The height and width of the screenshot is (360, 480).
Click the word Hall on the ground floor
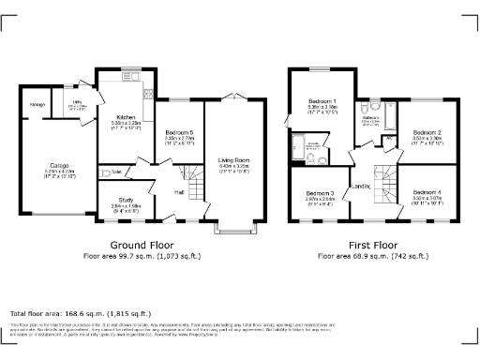pyautogui.click(x=178, y=191)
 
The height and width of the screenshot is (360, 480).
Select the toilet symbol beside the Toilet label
pyautogui.click(x=105, y=172)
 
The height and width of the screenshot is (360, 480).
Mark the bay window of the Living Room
pyautogui.click(x=231, y=226)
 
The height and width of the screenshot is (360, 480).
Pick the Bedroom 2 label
pyautogui.click(x=427, y=133)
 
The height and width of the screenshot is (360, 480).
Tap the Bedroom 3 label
pyautogui.click(x=319, y=193)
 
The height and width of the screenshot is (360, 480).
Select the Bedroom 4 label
pyautogui.click(x=427, y=193)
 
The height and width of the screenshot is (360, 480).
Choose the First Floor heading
pyautogui.click(x=372, y=244)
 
